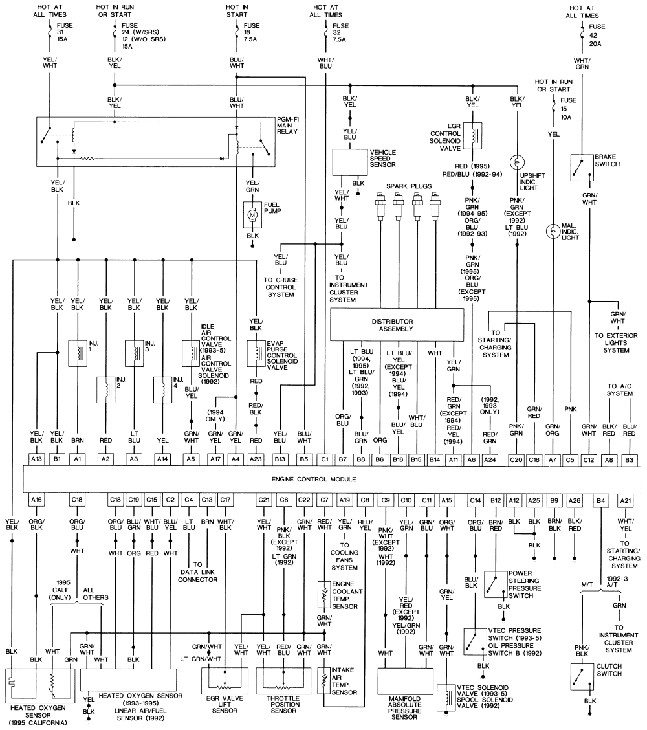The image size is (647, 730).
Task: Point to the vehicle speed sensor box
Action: tap(349, 162)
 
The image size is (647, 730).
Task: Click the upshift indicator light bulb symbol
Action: tap(518, 161)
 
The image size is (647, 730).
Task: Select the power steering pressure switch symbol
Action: tap(495, 585)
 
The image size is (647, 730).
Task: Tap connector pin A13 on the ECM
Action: tap(36, 459)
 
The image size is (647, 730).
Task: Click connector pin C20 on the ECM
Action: tap(516, 459)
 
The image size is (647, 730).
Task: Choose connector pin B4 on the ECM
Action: tap(601, 500)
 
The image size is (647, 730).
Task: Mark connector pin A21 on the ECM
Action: tap(625, 500)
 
